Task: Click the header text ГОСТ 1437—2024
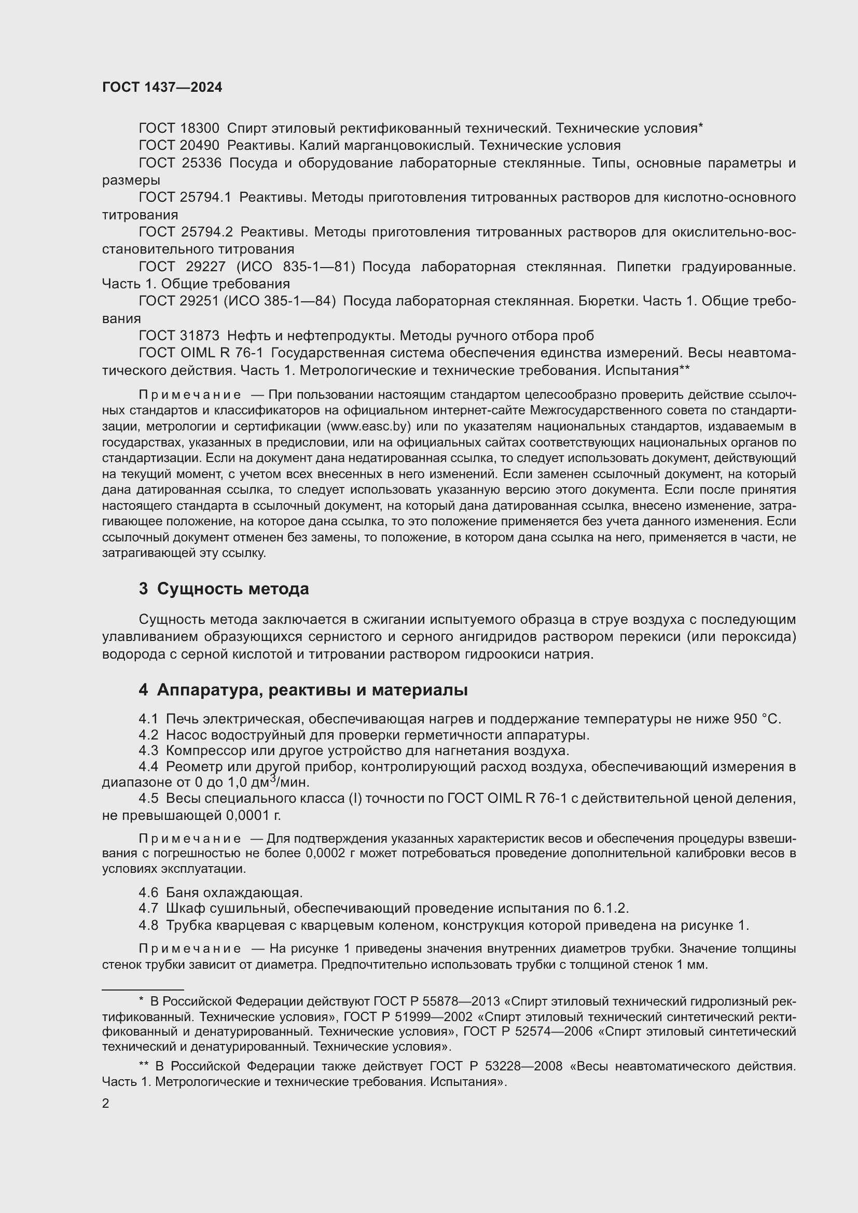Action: pos(162,88)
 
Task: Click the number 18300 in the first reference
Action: pos(199,129)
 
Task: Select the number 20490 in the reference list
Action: pos(199,145)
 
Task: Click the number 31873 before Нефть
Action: pos(199,336)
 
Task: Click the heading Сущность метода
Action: pos(232,589)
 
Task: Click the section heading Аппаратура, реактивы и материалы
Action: pos(312,690)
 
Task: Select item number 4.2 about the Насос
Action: pos(148,735)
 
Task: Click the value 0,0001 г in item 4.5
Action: pos(253,816)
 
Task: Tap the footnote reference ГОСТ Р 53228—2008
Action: pos(495,1066)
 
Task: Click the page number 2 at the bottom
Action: pos(106,1104)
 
